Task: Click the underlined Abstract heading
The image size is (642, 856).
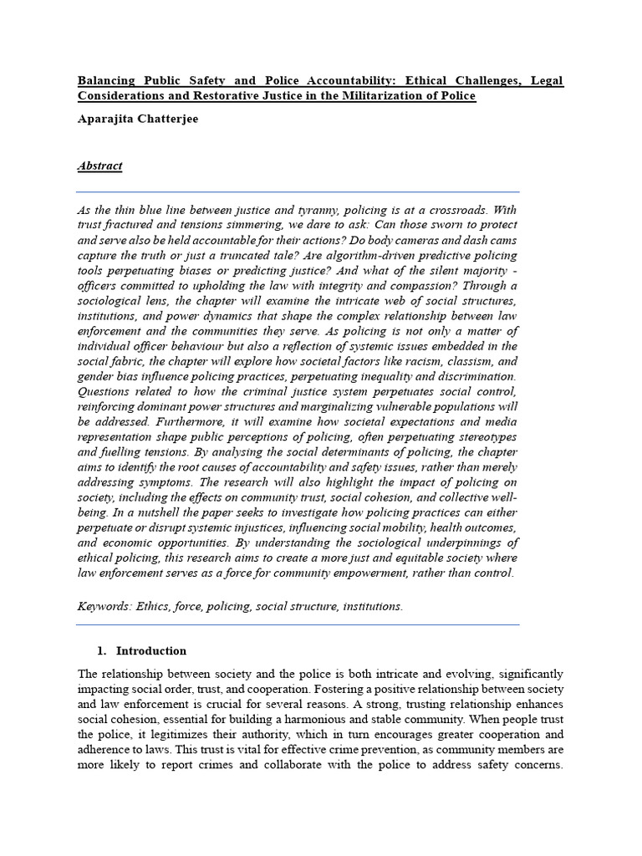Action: tap(99, 166)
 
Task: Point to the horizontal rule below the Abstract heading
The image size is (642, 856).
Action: tap(298, 191)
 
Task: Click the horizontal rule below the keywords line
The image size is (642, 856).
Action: tap(298, 624)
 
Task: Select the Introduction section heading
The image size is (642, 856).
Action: tap(150, 650)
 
